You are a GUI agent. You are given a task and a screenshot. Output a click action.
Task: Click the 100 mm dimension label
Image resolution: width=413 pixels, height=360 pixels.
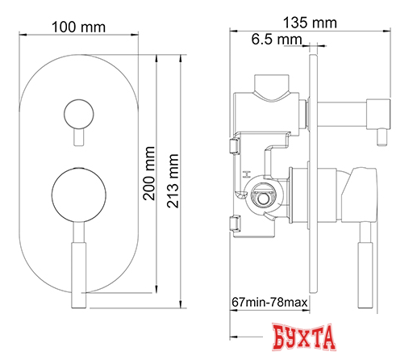78,27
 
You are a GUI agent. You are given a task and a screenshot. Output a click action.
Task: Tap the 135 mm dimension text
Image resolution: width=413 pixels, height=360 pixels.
310,23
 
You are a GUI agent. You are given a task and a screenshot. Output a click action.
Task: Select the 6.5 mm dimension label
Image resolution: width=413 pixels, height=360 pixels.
277,40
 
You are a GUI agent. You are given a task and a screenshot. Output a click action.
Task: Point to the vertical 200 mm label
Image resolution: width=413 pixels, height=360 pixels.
149,174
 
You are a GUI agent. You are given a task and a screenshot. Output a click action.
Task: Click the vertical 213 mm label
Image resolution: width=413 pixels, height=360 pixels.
173,181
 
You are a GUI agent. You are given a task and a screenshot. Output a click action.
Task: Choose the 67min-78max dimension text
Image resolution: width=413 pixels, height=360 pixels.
269,302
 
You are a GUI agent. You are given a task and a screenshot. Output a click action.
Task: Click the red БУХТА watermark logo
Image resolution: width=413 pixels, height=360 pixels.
303,337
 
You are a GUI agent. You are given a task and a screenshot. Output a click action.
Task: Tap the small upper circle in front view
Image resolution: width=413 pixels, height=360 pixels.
79,114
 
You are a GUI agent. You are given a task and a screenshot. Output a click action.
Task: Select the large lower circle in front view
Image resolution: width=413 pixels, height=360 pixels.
79,195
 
